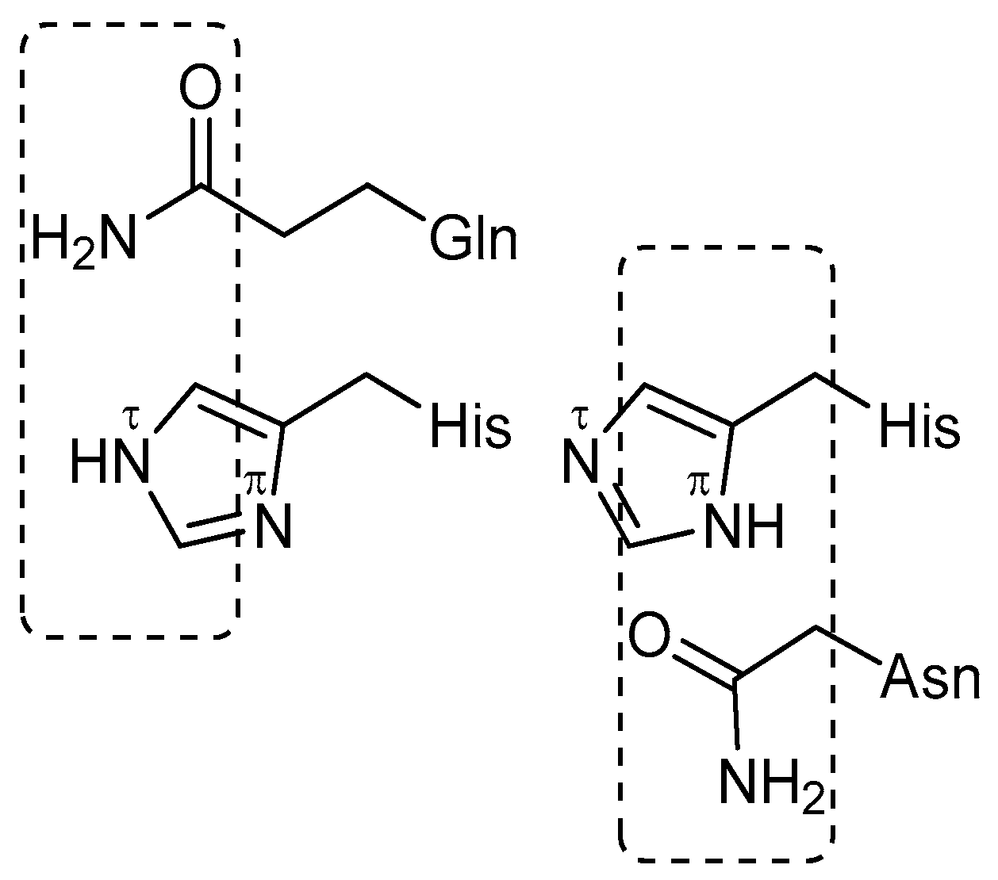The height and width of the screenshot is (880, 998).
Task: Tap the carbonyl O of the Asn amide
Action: [x=649, y=635]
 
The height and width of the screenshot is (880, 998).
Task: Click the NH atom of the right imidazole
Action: [x=744, y=526]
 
